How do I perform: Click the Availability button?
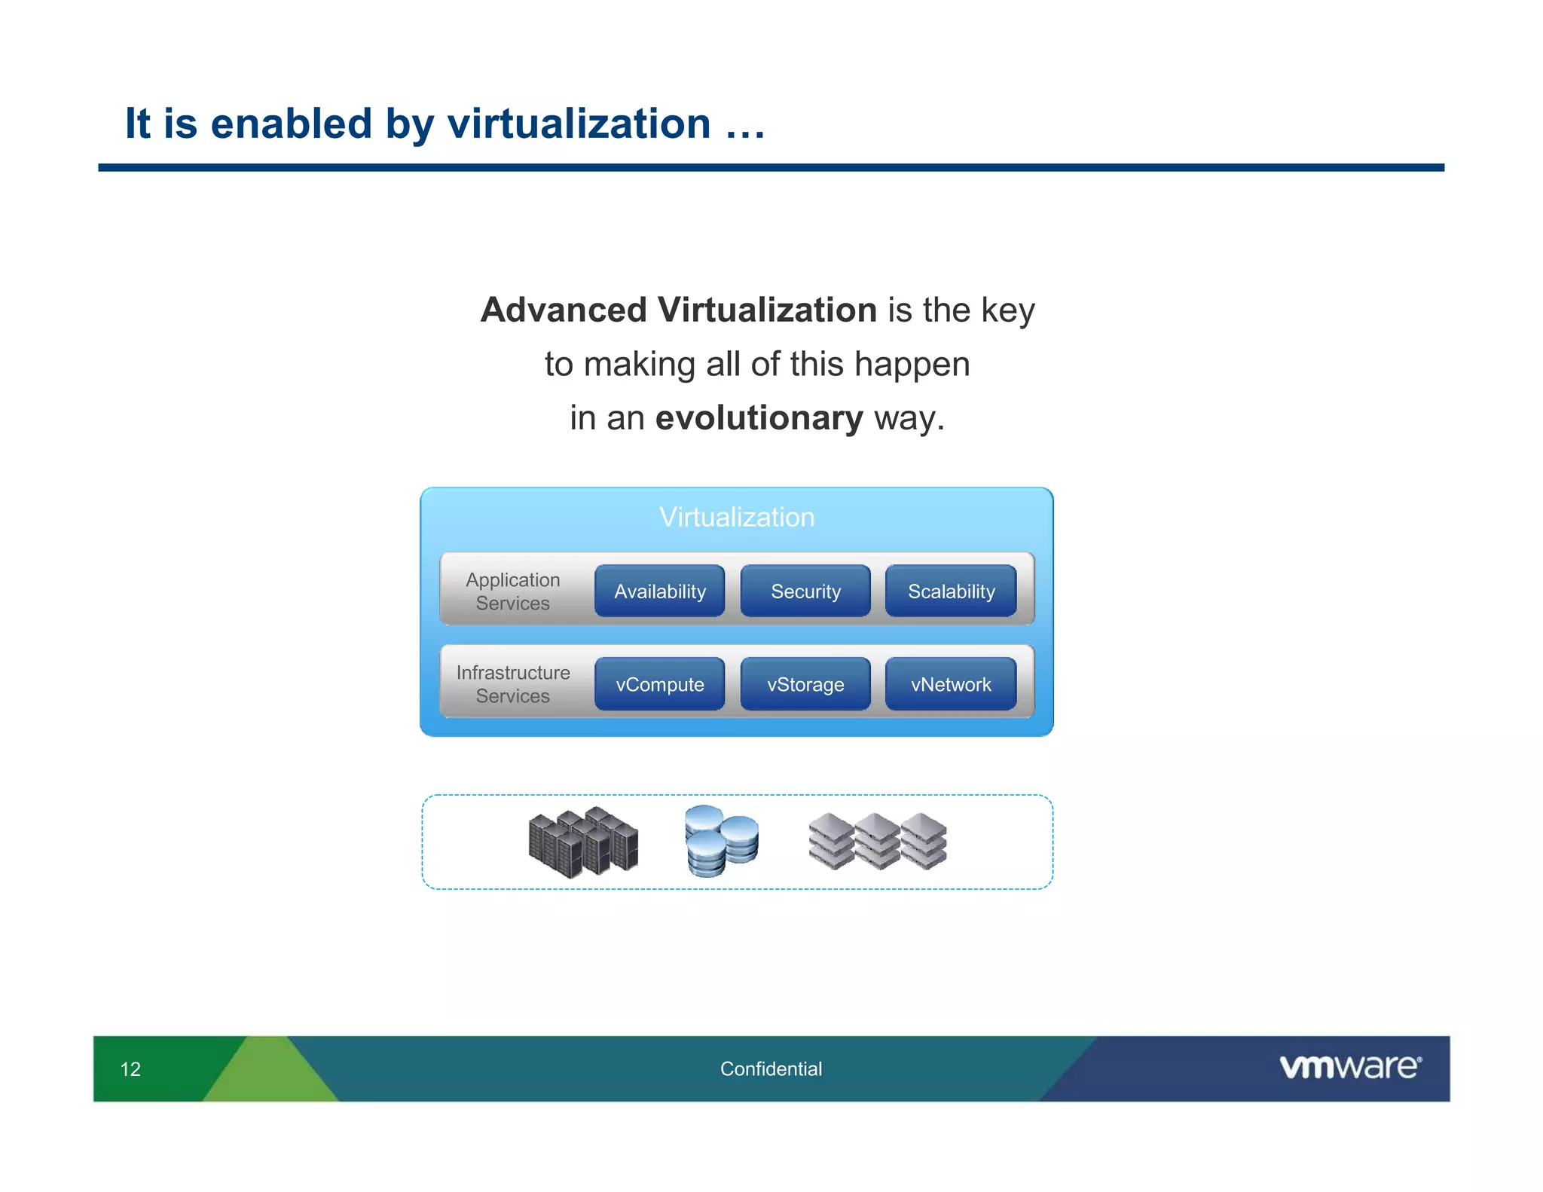click(659, 591)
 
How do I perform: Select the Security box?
click(805, 591)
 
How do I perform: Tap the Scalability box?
click(951, 591)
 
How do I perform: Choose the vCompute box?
click(659, 684)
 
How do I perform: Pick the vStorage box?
click(805, 684)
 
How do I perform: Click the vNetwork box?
click(951, 684)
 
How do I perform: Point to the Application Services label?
click(512, 591)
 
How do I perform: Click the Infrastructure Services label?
click(512, 684)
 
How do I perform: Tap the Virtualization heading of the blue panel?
click(736, 518)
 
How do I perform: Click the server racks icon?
click(583, 842)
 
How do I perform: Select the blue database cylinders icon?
click(721, 841)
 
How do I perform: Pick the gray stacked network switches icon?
click(877, 841)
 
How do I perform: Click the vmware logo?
click(1349, 1067)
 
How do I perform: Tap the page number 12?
click(130, 1069)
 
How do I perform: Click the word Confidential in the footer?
click(771, 1069)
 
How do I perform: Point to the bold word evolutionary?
click(759, 418)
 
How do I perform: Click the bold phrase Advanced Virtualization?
click(678, 310)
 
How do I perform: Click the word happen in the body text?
click(912, 365)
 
